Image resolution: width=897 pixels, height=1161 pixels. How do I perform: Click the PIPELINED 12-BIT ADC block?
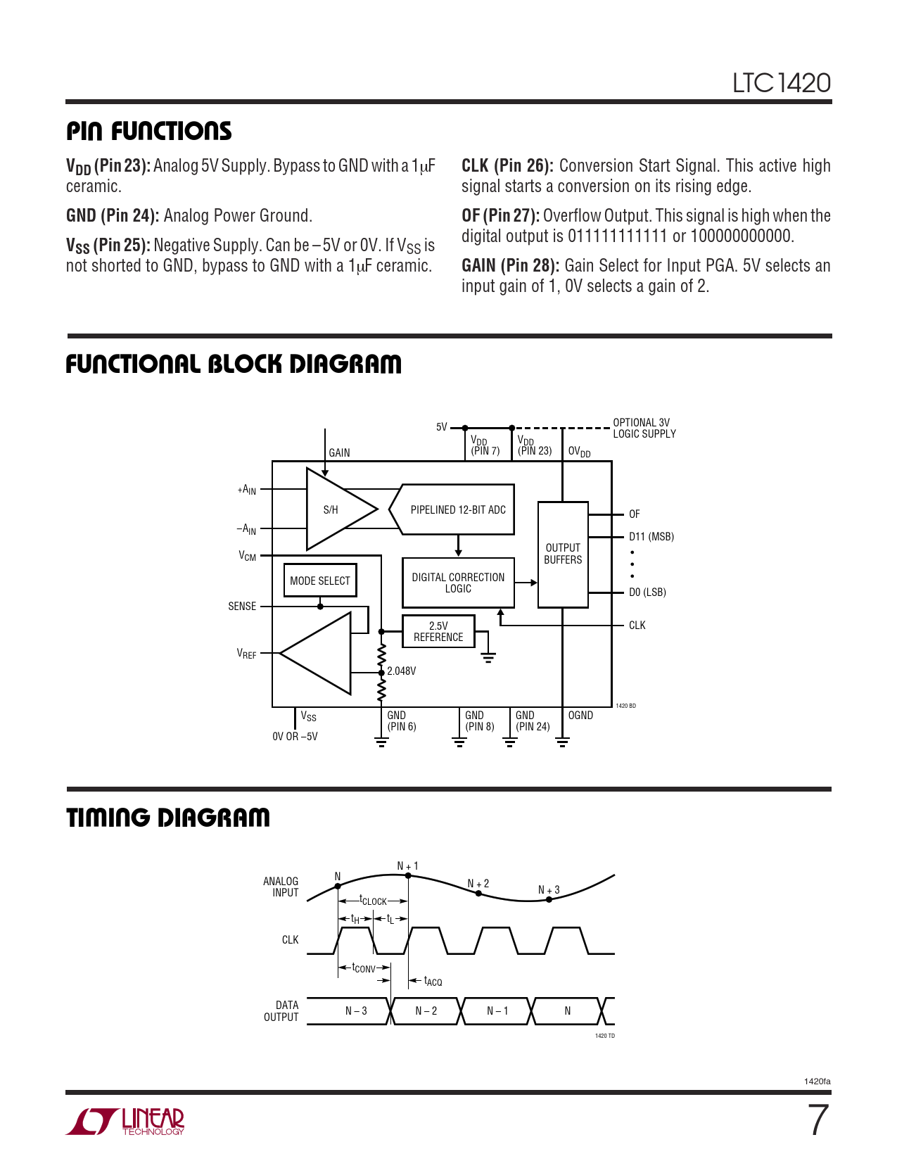457,509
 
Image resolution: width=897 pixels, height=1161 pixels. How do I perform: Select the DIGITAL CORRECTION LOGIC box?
458,583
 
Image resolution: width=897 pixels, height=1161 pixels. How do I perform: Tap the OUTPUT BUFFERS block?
563,554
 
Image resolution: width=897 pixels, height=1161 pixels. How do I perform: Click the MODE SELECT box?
320,580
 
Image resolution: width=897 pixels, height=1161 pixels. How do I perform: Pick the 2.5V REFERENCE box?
438,631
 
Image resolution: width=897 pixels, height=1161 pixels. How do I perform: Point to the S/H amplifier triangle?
334,509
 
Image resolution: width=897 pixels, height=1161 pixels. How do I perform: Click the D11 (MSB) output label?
651,537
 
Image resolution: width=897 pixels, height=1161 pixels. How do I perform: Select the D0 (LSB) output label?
647,592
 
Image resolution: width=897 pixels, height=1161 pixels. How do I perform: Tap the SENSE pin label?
242,607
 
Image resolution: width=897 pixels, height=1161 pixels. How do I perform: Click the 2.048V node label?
402,671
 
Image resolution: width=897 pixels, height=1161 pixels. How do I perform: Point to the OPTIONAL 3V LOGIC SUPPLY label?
644,429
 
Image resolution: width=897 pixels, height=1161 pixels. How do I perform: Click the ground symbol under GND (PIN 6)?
381,741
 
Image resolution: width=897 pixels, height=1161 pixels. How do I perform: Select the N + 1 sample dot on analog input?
408,875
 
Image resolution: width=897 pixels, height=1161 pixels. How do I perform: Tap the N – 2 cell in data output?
426,1011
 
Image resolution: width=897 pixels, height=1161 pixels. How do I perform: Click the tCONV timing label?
364,968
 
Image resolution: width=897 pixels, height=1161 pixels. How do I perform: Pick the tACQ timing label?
433,981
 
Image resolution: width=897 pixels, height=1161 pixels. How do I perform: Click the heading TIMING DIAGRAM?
168,818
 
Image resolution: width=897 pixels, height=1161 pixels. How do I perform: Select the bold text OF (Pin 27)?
500,216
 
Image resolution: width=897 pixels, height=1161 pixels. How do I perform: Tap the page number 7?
818,1120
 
